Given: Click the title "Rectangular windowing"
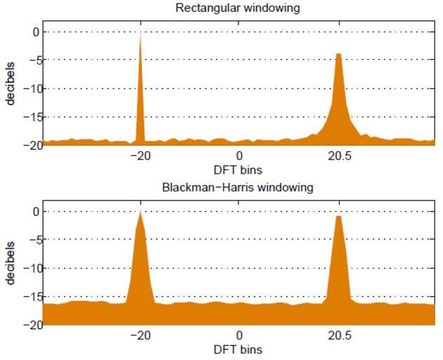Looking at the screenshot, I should click(238, 8).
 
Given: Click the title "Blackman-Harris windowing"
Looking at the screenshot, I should click(238, 188).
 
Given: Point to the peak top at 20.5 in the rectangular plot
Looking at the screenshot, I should click(338, 54).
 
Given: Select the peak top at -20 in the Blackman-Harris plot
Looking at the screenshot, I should click(141, 213).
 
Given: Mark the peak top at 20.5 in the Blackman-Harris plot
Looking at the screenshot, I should click(339, 217).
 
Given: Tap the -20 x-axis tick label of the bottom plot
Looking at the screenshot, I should click(141, 335).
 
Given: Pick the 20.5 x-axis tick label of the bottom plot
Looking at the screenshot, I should click(339, 335).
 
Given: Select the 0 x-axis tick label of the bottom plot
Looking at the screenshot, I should click(240, 335).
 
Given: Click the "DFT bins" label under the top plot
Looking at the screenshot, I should click(239, 169).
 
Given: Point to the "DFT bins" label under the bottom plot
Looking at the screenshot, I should click(239, 349).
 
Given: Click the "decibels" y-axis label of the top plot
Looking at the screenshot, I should click(11, 87).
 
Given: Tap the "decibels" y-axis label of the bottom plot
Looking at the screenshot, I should click(11, 267).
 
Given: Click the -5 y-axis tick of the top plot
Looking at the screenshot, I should click(32, 60).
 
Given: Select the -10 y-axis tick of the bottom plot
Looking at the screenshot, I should click(30, 268).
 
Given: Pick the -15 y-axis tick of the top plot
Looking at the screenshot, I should click(30, 117).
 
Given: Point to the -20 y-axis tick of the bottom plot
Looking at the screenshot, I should click(30, 325).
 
